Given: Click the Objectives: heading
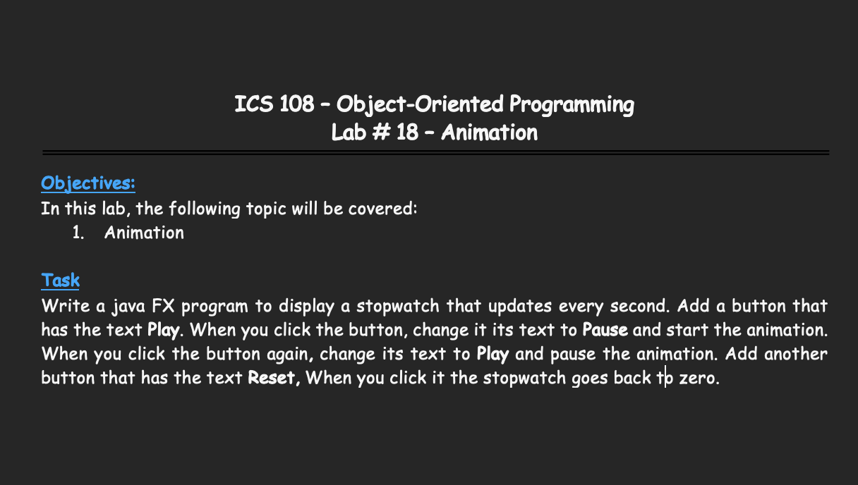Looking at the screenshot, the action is tap(88, 183).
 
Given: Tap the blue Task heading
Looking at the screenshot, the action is tap(61, 280).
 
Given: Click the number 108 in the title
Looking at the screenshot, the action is tap(296, 104).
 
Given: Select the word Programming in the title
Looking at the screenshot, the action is tap(572, 105).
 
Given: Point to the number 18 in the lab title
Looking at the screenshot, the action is tap(407, 133).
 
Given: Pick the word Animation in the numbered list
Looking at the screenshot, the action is tap(145, 233).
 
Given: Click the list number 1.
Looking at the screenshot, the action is tap(78, 233).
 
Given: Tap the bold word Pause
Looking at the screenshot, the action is tap(605, 330).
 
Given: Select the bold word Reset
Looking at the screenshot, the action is tap(272, 378).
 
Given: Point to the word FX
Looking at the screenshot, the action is tap(163, 306).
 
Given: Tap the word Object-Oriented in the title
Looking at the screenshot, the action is tap(420, 104).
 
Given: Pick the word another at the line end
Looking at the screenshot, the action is tap(796, 354).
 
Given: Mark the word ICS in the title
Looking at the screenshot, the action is tap(254, 104).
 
